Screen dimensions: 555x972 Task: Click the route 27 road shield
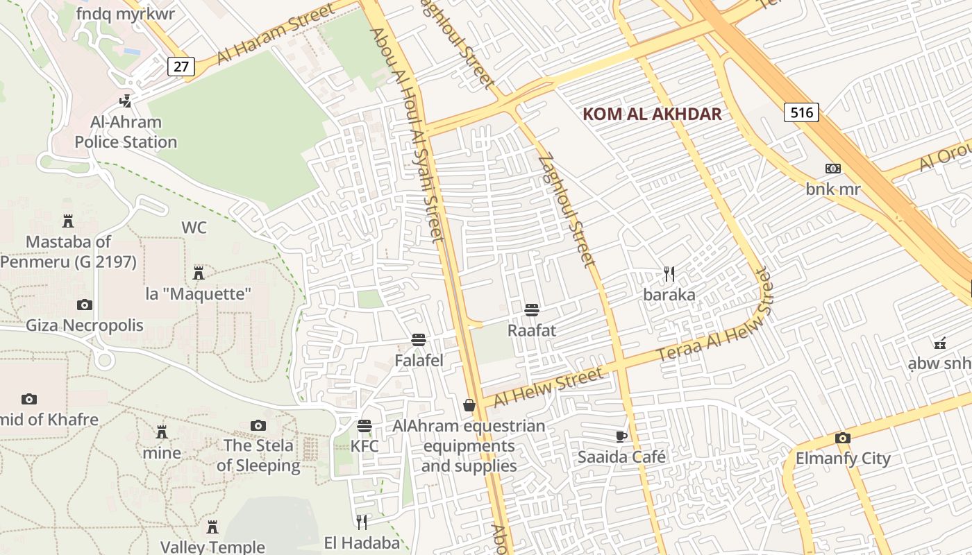(181, 67)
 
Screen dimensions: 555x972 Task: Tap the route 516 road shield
(802, 112)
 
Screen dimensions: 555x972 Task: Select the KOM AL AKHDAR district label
(652, 114)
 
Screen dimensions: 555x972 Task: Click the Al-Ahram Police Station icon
(126, 101)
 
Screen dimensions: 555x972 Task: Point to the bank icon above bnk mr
(832, 169)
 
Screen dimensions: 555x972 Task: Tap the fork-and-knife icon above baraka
(669, 274)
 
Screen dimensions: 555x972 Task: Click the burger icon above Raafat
(532, 309)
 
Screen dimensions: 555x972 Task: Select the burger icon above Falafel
(419, 340)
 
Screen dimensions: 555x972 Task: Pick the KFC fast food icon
(364, 425)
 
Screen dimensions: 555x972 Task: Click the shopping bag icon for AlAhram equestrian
(469, 405)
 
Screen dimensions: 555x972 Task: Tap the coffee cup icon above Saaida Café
(621, 436)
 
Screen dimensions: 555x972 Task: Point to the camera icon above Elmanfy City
(842, 438)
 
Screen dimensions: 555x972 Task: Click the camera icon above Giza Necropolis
(85, 305)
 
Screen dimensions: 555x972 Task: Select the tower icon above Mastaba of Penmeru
(68, 221)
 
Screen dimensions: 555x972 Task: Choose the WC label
(194, 228)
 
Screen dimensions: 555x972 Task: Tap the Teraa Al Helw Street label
(714, 325)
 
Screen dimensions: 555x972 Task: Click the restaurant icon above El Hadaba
(362, 521)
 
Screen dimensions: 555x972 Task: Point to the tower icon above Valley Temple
(212, 527)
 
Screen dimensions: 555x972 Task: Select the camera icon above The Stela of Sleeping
(258, 425)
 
